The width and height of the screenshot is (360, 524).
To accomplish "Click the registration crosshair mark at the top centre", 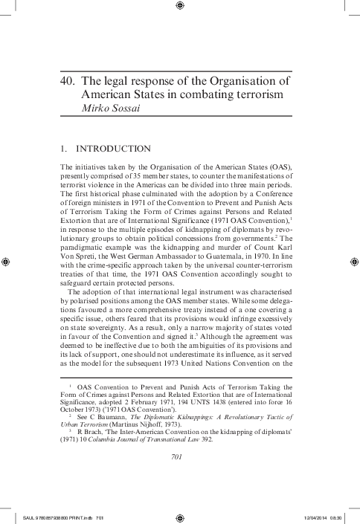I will tap(180, 7).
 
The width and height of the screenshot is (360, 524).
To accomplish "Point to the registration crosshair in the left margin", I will tap(7, 262).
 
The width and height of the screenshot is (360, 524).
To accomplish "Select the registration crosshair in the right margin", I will tap(353, 262).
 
